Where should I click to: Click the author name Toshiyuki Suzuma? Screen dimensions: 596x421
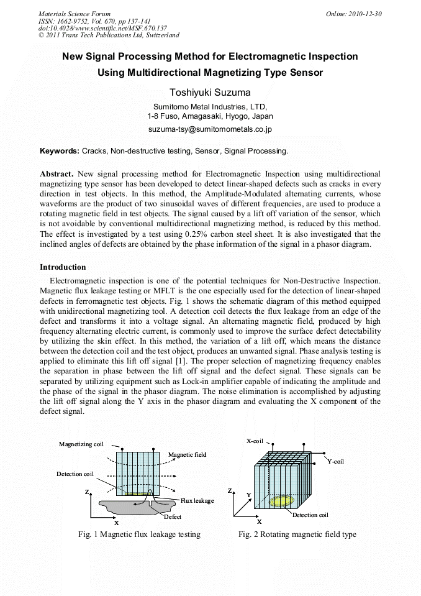click(x=210, y=93)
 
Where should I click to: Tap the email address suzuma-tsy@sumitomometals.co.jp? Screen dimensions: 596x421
click(x=210, y=130)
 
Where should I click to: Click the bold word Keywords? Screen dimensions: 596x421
click(x=59, y=151)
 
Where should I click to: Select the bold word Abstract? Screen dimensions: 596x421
click(x=57, y=174)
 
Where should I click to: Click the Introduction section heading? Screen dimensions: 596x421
click(x=63, y=267)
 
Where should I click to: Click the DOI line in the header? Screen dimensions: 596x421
click(x=102, y=28)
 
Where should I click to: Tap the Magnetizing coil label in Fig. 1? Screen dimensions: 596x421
click(x=81, y=444)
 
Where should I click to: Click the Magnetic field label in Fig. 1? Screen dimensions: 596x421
click(x=187, y=455)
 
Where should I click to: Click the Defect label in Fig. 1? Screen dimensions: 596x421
click(x=173, y=516)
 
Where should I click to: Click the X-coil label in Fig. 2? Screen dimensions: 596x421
click(x=255, y=441)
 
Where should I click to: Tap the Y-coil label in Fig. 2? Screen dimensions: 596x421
click(x=335, y=461)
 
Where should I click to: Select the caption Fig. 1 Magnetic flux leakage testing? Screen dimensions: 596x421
click(x=139, y=534)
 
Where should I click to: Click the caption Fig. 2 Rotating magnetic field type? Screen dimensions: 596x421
click(x=297, y=534)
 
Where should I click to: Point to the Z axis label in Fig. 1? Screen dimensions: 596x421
click(x=86, y=492)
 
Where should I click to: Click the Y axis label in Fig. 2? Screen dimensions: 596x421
click(x=248, y=495)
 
